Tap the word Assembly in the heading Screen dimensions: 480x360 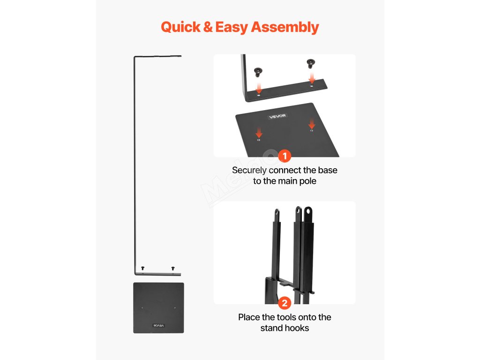coord(285,27)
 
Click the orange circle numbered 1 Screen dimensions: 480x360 coord(285,156)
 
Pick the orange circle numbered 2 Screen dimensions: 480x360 coord(285,303)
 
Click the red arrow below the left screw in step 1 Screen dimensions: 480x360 coord(259,87)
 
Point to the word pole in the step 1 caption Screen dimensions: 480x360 coord(307,181)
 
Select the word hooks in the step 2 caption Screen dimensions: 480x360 coord(298,328)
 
